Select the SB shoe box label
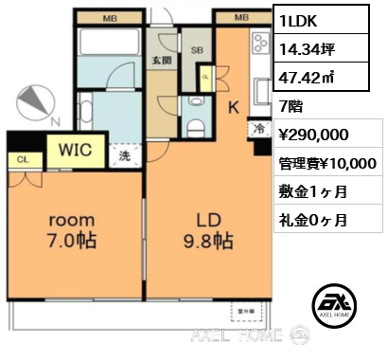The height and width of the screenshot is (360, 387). click(x=197, y=52)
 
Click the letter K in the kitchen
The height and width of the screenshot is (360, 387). click(x=232, y=107)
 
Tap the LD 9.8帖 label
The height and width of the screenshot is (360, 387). click(x=208, y=231)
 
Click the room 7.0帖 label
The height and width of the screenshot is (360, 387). click(x=72, y=231)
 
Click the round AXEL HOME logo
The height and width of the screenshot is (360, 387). click(x=333, y=303)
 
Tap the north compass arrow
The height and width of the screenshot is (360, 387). click(x=36, y=101)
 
